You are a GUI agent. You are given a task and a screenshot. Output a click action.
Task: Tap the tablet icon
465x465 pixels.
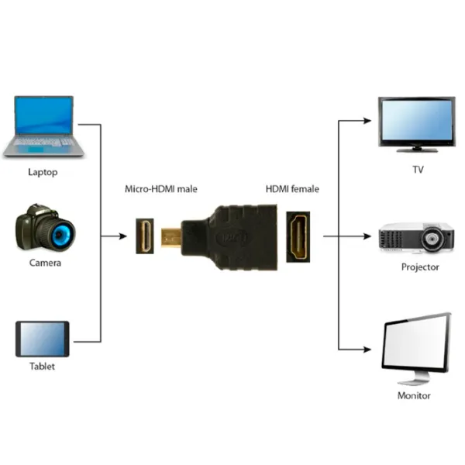tap(43, 339)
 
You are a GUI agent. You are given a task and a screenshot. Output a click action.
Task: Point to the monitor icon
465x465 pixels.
tap(416, 346)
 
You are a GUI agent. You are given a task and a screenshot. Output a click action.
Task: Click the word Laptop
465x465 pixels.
tap(43, 173)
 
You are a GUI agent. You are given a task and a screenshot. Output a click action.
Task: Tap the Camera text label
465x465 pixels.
tap(45, 263)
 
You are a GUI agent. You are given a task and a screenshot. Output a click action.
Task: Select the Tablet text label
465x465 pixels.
tap(42, 367)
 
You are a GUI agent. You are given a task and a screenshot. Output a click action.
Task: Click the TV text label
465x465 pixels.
tap(417, 170)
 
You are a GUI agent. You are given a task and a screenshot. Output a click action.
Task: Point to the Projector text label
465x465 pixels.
tap(420, 267)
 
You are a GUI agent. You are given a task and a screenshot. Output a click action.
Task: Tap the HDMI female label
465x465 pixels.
tap(292, 189)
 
